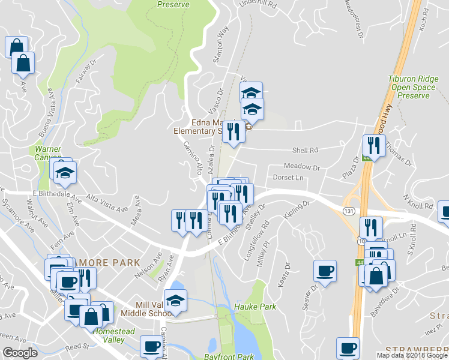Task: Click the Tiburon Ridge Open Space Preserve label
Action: coord(411,87)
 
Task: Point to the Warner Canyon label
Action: coord(47,152)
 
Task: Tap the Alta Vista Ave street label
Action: coord(107,204)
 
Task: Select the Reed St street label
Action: coord(77,346)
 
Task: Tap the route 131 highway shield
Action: coord(349,211)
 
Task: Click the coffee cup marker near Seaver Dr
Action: coord(325,271)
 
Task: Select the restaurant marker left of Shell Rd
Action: coord(234,131)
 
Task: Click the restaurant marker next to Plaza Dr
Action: coord(373,146)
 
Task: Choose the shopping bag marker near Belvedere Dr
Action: coord(376,277)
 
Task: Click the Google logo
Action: coord(20,353)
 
